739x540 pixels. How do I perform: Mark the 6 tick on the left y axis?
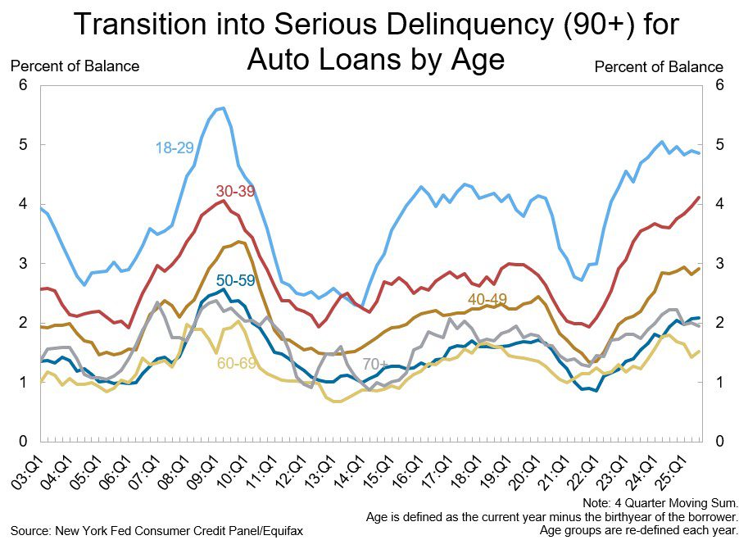[23, 85]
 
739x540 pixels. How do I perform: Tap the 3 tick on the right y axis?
[718, 264]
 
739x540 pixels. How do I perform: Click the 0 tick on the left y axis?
[23, 442]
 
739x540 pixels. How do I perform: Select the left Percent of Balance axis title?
[75, 66]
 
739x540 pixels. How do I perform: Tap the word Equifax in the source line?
[279, 531]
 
